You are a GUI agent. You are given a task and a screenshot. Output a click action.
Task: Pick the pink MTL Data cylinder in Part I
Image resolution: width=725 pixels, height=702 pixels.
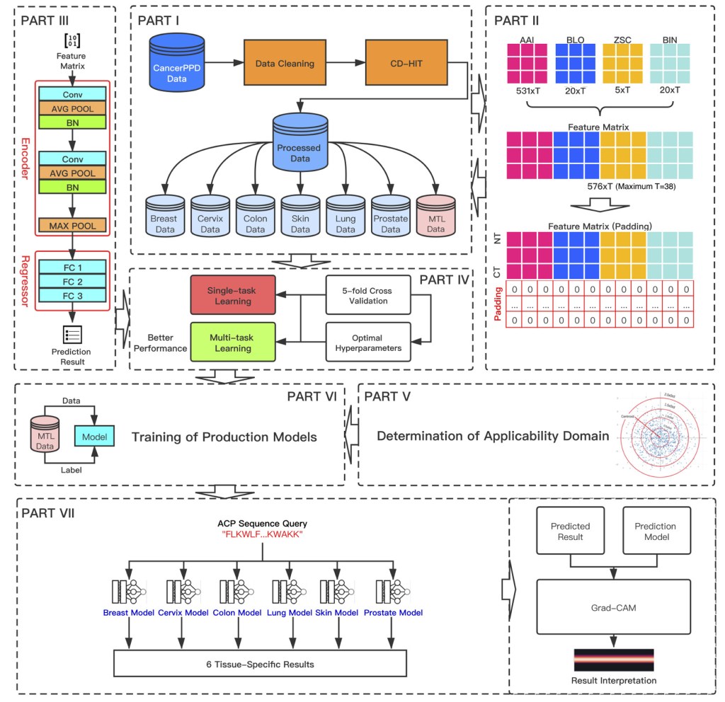click(435, 217)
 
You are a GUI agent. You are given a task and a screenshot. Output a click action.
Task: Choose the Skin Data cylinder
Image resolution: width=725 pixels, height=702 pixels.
click(300, 217)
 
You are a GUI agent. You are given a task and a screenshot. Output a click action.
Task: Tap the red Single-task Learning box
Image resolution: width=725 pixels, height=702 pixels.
click(234, 296)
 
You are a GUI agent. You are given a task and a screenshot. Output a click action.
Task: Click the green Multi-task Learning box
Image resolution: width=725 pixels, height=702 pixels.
click(234, 343)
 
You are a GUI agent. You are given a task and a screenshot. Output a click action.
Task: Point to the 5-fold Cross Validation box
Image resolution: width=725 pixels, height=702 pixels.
click(369, 296)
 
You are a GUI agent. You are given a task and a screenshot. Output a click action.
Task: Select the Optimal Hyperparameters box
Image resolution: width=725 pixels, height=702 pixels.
click(369, 343)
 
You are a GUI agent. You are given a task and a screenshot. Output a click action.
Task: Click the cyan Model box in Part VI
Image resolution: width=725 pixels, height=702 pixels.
click(93, 437)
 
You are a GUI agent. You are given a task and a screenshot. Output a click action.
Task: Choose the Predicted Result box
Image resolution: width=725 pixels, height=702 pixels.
click(570, 531)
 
